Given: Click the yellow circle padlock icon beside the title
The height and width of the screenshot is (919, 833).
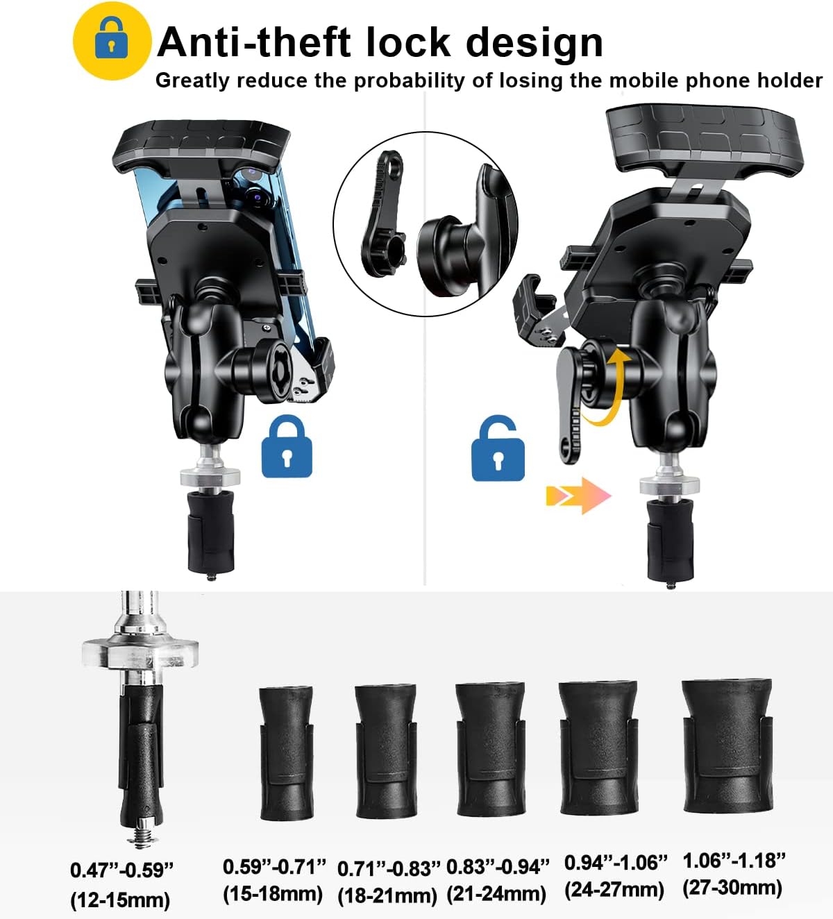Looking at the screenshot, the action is click(112, 41).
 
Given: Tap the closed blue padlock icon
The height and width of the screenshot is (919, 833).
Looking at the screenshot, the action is click(287, 446).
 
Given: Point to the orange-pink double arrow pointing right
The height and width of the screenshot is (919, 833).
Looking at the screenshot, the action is click(579, 496).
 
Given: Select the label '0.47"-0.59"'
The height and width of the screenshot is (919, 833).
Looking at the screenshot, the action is click(122, 870).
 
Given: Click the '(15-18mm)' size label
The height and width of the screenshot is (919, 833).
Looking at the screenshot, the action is click(273, 894).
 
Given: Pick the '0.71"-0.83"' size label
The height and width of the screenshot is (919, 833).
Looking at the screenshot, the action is click(389, 868).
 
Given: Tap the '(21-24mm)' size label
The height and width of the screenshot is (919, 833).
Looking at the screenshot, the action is click(496, 894).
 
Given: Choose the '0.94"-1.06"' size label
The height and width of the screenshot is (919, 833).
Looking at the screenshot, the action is click(615, 863).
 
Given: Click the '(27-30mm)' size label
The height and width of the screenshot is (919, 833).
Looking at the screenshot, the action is click(732, 887).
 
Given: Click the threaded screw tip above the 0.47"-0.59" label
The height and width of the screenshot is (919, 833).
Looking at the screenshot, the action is click(142, 836).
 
